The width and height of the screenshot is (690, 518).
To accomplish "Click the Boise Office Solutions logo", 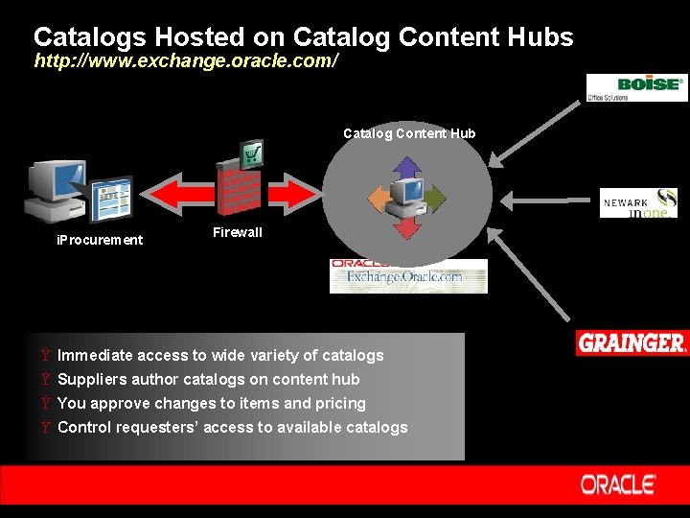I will (637, 87).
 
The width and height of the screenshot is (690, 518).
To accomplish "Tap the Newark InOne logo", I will (638, 202).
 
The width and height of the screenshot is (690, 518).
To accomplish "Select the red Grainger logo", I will (632, 342).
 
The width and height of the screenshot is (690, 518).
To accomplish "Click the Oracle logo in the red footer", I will (618, 484).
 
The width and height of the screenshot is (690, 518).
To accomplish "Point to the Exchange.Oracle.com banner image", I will (408, 276).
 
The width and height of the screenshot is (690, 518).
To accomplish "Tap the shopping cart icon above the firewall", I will (252, 153).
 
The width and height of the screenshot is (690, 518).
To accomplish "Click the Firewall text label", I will (237, 232).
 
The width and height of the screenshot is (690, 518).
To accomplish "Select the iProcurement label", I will (100, 240).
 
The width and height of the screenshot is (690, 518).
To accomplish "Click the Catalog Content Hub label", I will (409, 133).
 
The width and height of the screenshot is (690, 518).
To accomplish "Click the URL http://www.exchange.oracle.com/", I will (186, 60).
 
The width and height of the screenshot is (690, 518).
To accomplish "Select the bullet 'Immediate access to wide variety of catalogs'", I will (220, 355).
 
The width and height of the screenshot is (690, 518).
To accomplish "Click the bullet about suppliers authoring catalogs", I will (208, 379).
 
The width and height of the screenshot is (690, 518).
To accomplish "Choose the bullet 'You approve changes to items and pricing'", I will (212, 403).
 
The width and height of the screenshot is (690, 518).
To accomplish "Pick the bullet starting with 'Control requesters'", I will (232, 427).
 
